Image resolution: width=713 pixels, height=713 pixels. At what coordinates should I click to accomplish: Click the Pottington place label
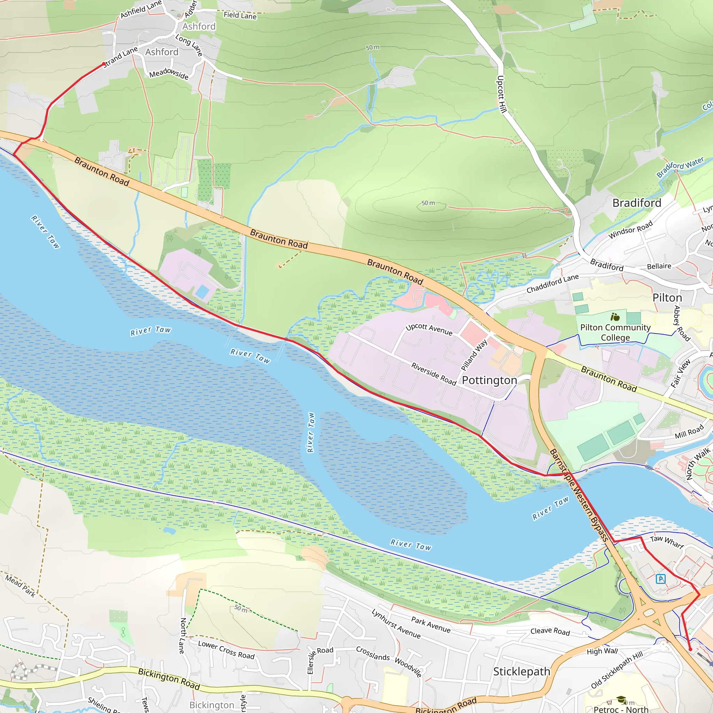489,380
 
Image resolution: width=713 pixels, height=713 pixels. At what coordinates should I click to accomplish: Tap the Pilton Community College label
615,332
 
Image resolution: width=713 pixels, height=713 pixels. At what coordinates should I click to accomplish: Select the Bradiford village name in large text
637,203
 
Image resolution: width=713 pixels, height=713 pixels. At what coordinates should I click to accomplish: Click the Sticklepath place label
522,671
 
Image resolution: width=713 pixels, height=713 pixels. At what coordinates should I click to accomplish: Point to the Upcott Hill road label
501,94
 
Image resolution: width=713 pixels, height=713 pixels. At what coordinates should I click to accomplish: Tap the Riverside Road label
434,374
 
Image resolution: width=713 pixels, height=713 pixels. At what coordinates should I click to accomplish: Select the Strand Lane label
120,57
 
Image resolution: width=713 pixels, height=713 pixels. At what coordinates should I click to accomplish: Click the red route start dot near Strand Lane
104,64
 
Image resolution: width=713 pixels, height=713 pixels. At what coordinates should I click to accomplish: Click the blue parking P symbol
660,579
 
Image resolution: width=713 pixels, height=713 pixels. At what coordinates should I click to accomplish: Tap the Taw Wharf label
667,541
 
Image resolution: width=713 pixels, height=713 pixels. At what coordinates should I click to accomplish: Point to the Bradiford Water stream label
680,167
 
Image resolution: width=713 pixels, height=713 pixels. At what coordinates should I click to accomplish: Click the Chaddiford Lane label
553,283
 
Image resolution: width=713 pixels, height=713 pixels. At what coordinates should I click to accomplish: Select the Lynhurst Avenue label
396,624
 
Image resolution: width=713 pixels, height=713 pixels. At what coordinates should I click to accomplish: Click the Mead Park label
20,586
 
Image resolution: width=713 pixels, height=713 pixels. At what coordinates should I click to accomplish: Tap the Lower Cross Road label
226,650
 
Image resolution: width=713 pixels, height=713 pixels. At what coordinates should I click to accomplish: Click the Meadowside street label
169,73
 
